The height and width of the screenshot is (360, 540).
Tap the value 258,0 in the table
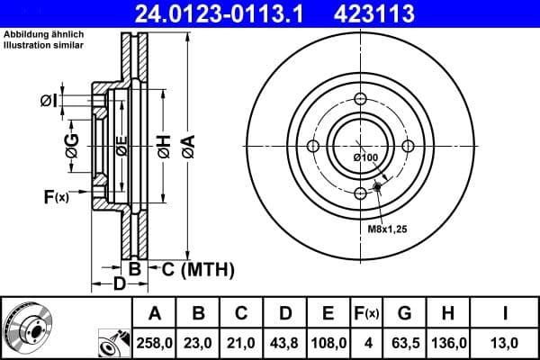point(154,343)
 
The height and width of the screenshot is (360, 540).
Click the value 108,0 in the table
point(328,343)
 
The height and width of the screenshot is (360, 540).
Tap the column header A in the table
point(154,314)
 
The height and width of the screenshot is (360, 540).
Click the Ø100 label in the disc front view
point(365,158)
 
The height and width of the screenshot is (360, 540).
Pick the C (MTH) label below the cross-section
point(192,268)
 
